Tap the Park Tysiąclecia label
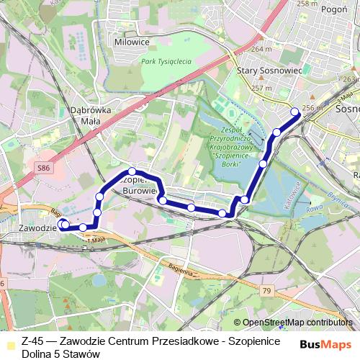[x=166, y=62]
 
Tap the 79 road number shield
[x=268, y=290]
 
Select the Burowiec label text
[x=139, y=192]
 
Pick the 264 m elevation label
[x=261, y=50]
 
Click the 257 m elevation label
[x=261, y=88]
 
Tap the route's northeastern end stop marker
[x=294, y=111]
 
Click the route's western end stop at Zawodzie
[x=63, y=224]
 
